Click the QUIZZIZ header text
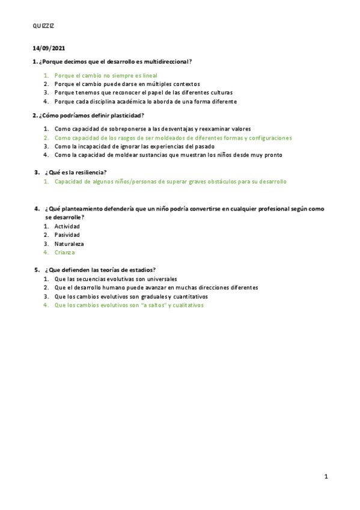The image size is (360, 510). pyautogui.click(x=43, y=26)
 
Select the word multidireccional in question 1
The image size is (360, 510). pyautogui.click(x=165, y=61)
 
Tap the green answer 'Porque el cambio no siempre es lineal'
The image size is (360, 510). pyautogui.click(x=106, y=76)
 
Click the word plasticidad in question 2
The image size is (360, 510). pyautogui.click(x=126, y=115)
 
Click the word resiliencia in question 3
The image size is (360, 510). pyautogui.click(x=90, y=173)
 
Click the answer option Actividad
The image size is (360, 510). pyautogui.click(x=67, y=226)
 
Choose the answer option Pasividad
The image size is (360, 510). pyautogui.click(x=67, y=235)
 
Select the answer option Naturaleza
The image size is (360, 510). pyautogui.click(x=69, y=244)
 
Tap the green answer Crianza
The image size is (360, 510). pyautogui.click(x=64, y=253)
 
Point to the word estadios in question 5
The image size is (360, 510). pyautogui.click(x=141, y=270)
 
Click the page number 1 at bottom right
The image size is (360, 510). pyautogui.click(x=326, y=477)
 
